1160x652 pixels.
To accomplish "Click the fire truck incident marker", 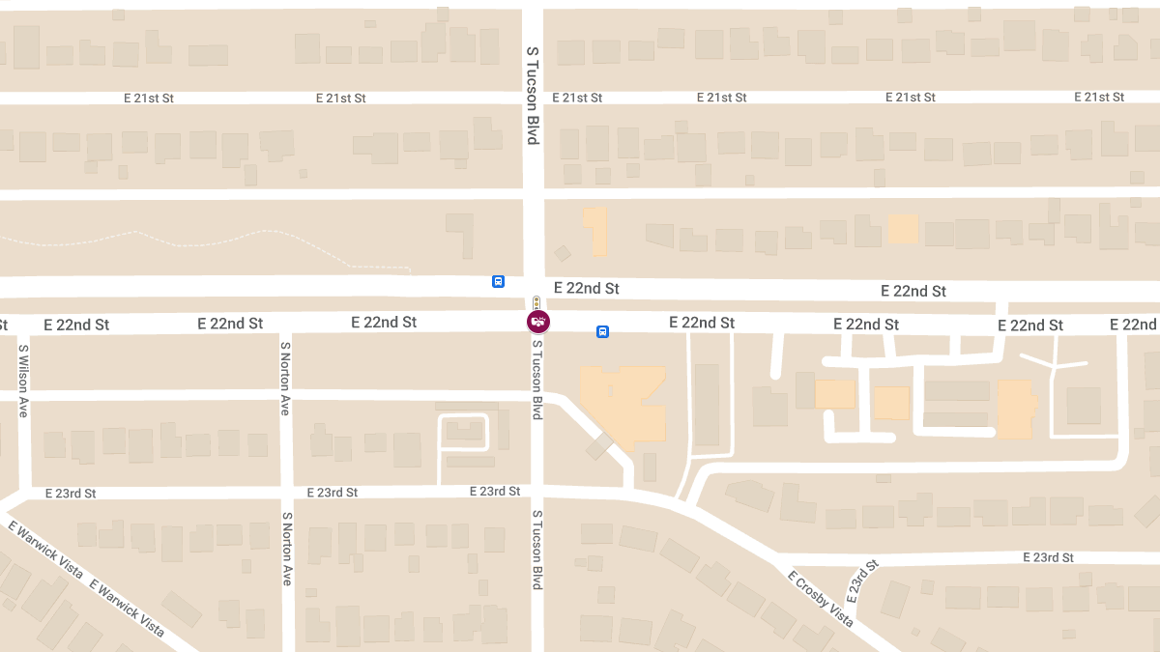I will pos(537,322).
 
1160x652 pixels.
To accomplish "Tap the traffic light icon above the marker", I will pos(536,302).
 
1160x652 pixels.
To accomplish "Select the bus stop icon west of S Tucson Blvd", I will pos(498,281).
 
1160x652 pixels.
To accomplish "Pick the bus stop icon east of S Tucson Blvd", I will pos(602,331).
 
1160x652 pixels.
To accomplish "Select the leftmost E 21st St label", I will pos(148,98).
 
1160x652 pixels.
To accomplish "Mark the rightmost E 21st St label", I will pos(1100,97).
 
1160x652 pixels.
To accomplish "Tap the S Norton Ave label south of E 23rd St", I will pos(286,548).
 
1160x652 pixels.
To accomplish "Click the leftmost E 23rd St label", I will pos(71,493).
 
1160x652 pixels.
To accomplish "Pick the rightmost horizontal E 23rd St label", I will pos(1048,557).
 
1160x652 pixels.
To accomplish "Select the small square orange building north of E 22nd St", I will pos(902,228).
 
